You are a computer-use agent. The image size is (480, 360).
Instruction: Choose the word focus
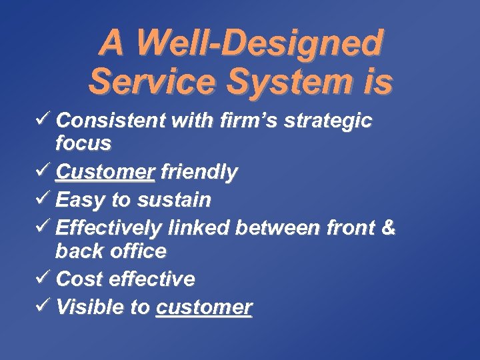(83, 143)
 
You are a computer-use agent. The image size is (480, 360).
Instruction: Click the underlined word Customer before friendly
(105, 173)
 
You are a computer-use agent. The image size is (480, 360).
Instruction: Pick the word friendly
(199, 173)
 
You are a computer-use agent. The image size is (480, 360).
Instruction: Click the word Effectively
(109, 228)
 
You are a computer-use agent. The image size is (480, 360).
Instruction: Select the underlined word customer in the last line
(204, 307)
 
